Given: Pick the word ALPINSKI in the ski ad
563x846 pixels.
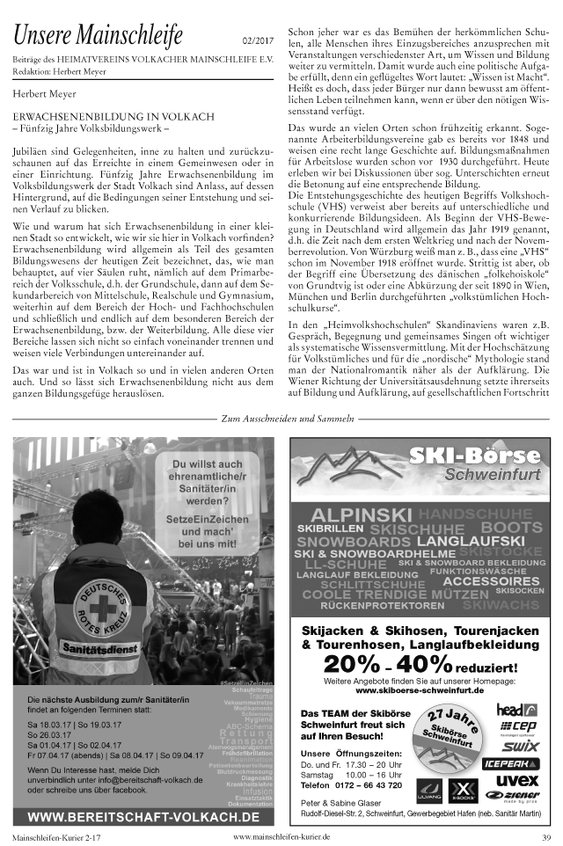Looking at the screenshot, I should tap(361, 514).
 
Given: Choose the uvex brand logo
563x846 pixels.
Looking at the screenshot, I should tap(517, 779).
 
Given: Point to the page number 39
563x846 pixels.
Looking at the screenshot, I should tap(546, 836).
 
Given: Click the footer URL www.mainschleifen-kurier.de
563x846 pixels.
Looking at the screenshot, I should tap(281, 836).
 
